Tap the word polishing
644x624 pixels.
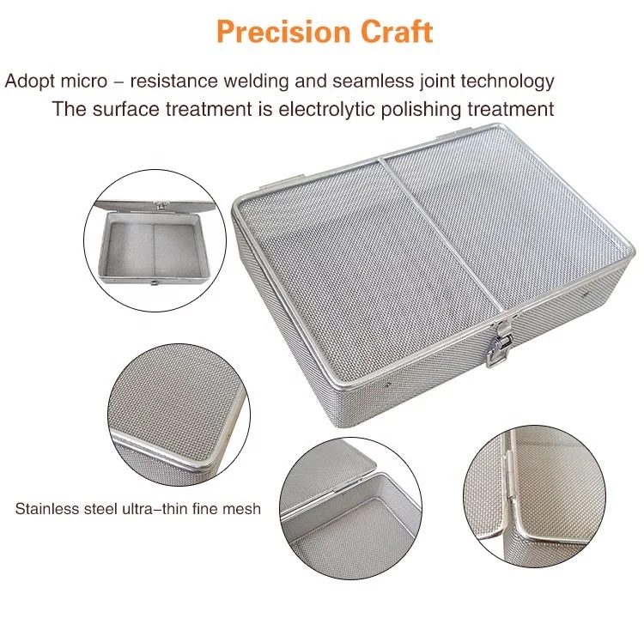click(x=417, y=109)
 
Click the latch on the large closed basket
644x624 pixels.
click(x=496, y=344)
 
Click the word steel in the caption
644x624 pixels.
click(x=100, y=508)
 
